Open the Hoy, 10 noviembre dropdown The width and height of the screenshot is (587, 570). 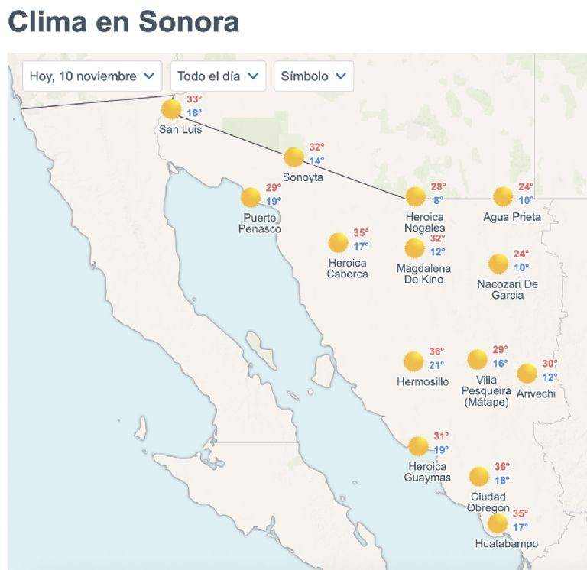click(x=92, y=76)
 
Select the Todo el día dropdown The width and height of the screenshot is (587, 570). click(x=218, y=76)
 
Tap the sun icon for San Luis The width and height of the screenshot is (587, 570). click(x=172, y=109)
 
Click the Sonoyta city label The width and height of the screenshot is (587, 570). click(x=303, y=177)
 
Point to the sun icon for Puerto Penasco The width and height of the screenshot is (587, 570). click(x=251, y=197)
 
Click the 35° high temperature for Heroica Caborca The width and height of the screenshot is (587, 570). click(x=361, y=233)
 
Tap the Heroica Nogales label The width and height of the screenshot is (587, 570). click(x=425, y=222)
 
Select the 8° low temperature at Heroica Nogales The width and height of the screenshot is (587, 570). click(x=438, y=201)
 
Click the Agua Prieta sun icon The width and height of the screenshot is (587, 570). click(x=503, y=196)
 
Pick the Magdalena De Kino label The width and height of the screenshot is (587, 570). click(x=423, y=274)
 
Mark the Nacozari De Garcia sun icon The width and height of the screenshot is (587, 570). click(x=498, y=264)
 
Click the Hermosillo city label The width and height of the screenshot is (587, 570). click(x=423, y=381)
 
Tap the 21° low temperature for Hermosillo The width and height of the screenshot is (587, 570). click(x=436, y=365)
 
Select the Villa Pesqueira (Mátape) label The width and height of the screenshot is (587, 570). click(x=485, y=390)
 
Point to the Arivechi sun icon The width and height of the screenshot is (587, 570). click(x=527, y=374)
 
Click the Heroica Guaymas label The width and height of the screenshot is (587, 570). click(x=427, y=472)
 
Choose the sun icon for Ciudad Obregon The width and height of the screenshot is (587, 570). click(x=479, y=477)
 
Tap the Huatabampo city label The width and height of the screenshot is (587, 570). click(x=506, y=545)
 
